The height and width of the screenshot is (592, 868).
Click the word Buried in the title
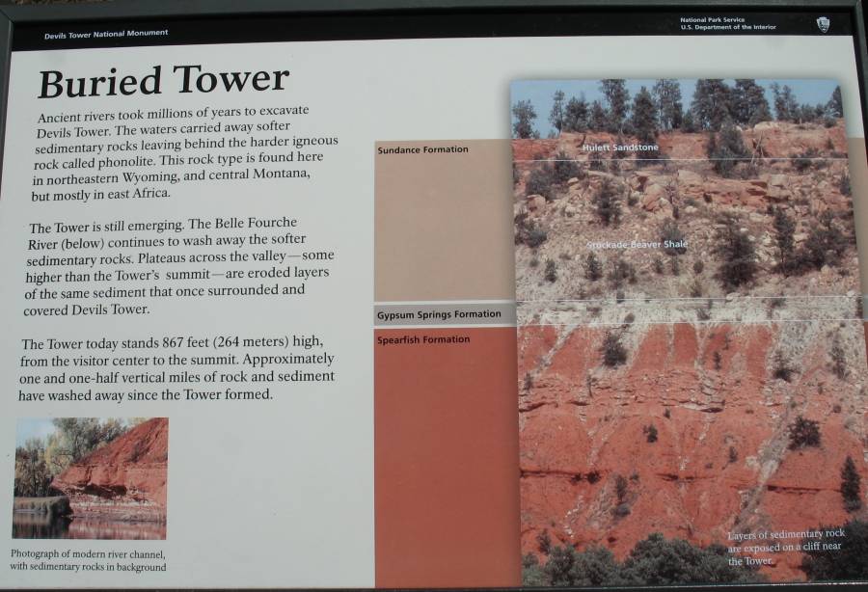click(x=99, y=83)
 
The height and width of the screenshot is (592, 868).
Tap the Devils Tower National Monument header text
click(x=106, y=34)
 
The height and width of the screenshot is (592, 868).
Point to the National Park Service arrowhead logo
click(x=823, y=24)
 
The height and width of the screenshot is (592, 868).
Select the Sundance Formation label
click(x=423, y=149)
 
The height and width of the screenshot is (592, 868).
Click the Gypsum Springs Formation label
click(x=439, y=315)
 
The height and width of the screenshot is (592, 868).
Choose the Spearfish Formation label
click(x=423, y=339)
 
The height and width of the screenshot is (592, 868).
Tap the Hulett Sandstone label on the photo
click(x=620, y=148)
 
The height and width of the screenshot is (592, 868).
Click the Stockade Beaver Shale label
click(x=637, y=244)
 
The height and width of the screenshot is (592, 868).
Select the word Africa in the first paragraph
click(x=151, y=194)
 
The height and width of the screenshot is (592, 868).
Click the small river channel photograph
click(x=91, y=478)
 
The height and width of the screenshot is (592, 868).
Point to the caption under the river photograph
click(x=88, y=560)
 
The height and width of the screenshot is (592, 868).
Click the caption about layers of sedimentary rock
click(x=785, y=548)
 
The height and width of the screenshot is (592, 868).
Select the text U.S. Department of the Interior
click(x=728, y=27)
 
